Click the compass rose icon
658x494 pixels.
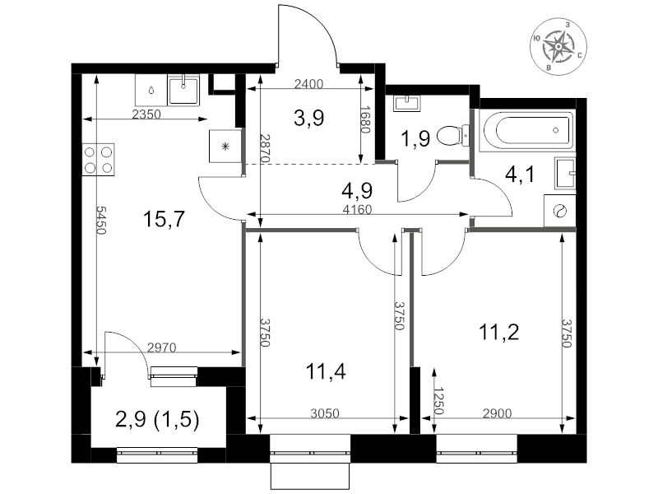tap(558, 46)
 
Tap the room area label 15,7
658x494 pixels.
tap(164, 219)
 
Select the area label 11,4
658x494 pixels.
tap(326, 372)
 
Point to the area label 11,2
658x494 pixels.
tap(498, 333)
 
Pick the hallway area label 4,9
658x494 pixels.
tap(357, 191)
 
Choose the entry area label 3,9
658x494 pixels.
tap(309, 118)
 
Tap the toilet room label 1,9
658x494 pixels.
tap(415, 138)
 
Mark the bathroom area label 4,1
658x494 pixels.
tap(520, 175)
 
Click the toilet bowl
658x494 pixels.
tap(453, 135)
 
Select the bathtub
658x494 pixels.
tap(526, 130)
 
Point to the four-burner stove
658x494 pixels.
tap(99, 160)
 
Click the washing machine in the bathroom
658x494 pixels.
tap(559, 211)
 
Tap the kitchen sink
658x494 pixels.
tap(183, 90)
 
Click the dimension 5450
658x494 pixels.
tap(100, 220)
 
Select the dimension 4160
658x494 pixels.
tap(357, 209)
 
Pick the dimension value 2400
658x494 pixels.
tap(309, 85)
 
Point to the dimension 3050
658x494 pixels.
tap(325, 414)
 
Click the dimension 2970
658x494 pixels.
tap(161, 347)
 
